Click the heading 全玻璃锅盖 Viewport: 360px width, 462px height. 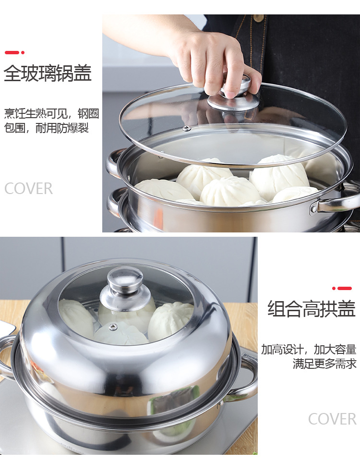point(48,74)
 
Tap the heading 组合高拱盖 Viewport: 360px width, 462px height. point(311,308)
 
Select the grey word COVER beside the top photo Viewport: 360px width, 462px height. point(29,189)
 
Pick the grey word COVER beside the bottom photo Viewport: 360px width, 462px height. point(332,419)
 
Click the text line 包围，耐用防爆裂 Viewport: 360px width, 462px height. point(47,128)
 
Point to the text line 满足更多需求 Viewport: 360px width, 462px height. point(324,364)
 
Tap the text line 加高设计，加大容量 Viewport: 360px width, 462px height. point(309,349)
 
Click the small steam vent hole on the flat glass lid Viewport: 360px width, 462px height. point(187,128)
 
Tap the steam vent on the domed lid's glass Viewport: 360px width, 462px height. point(113,327)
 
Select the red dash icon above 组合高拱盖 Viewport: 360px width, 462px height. point(342,288)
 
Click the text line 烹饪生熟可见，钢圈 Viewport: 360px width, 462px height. point(51,114)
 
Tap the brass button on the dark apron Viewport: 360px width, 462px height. point(259,18)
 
